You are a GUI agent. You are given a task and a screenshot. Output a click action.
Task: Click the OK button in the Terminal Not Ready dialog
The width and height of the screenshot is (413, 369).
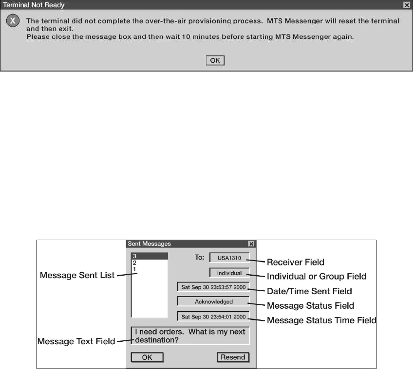215,60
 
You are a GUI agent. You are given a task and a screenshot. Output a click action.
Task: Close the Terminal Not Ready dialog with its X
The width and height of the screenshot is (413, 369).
406,5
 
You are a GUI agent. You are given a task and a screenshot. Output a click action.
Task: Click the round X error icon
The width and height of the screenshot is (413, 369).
13,22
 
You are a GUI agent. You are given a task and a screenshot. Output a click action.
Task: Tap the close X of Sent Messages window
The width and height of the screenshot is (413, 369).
251,244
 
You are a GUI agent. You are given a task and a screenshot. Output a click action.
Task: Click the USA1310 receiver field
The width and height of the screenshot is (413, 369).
229,257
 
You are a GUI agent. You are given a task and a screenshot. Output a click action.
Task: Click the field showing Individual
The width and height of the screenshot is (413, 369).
229,273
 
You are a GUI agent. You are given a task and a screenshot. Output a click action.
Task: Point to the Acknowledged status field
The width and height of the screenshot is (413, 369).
213,301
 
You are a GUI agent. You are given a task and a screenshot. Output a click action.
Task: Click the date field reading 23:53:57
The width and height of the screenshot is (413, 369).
213,287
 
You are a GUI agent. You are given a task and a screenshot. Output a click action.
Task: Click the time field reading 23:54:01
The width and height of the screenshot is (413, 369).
213,316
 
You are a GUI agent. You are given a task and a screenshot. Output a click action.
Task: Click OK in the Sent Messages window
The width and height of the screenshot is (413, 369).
147,357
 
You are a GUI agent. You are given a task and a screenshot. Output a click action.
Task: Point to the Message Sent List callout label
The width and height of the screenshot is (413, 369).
76,276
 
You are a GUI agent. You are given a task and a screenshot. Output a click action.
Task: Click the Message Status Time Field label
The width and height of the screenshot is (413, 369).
322,320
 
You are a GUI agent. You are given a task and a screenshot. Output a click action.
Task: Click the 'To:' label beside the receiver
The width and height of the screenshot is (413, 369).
200,257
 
